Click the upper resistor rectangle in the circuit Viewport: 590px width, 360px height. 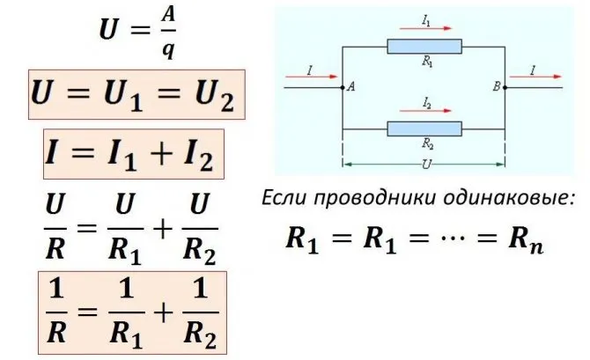(x=424, y=47)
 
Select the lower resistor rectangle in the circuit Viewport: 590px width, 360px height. (x=424, y=129)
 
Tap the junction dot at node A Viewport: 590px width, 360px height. (x=342, y=88)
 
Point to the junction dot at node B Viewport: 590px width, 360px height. (x=505, y=88)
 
